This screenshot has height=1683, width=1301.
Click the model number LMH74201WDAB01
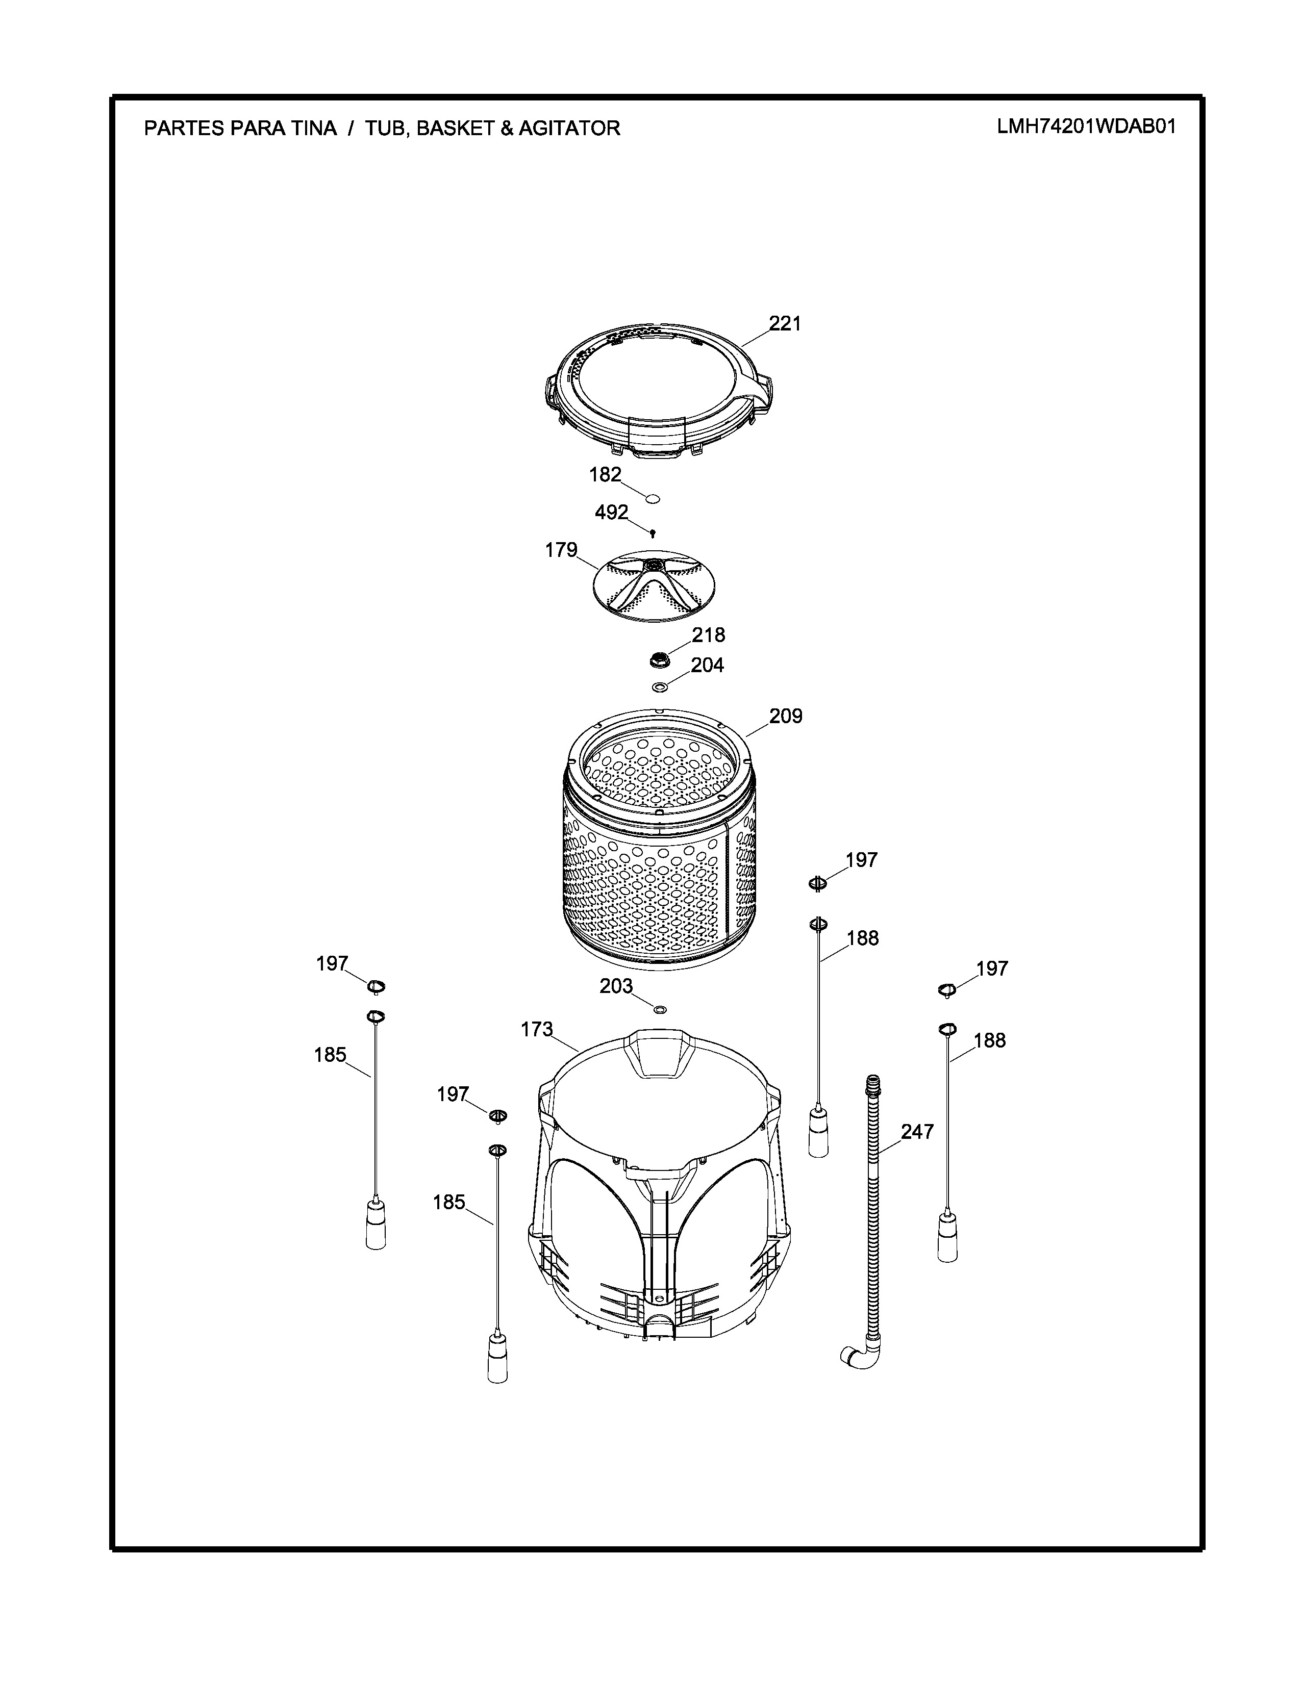pos(1086,126)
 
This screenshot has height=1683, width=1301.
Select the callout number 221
pos(785,324)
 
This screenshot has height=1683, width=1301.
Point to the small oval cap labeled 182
pos(652,499)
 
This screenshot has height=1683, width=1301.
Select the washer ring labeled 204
pos(660,686)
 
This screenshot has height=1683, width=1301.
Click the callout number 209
pos(785,716)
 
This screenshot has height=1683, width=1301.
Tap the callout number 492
pos(611,513)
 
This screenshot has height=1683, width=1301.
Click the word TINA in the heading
pos(314,128)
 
